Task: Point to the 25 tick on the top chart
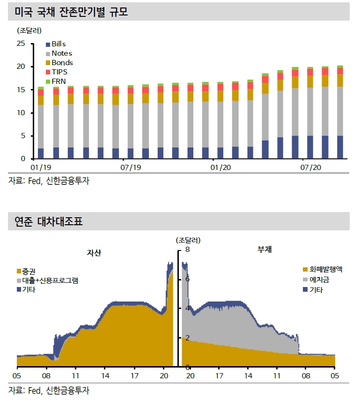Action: pos(20,44)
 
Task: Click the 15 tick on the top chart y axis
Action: pos(20,90)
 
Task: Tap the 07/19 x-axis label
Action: pos(131,167)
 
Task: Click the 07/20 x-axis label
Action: pos(310,167)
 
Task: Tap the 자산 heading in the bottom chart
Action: pos(94,253)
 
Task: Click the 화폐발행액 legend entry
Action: pos(326,269)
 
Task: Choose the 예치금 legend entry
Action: pos(319,280)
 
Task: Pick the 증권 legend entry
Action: pos(29,271)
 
